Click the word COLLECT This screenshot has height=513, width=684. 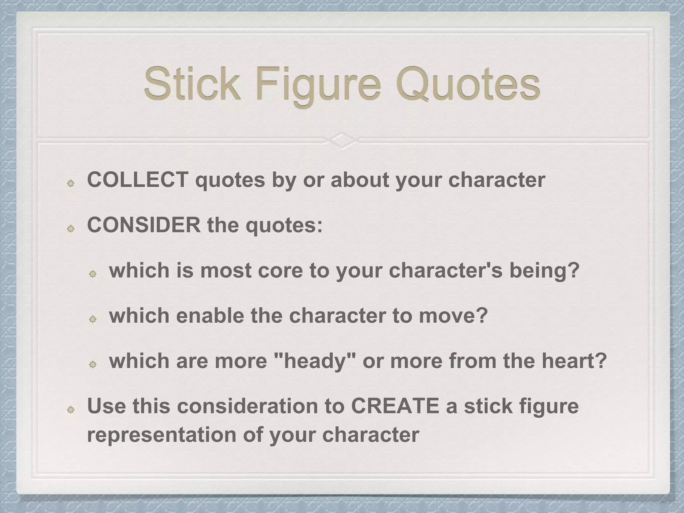coord(138,180)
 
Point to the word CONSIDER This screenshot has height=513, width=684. coord(144,225)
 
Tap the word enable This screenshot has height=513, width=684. coord(210,316)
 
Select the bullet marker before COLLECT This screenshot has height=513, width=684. coord(70,183)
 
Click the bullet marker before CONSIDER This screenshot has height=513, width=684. coord(70,228)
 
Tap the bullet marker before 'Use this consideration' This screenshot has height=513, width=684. coord(70,409)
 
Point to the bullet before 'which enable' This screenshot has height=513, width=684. coord(93,319)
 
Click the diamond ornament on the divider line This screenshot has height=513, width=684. coord(342,141)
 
